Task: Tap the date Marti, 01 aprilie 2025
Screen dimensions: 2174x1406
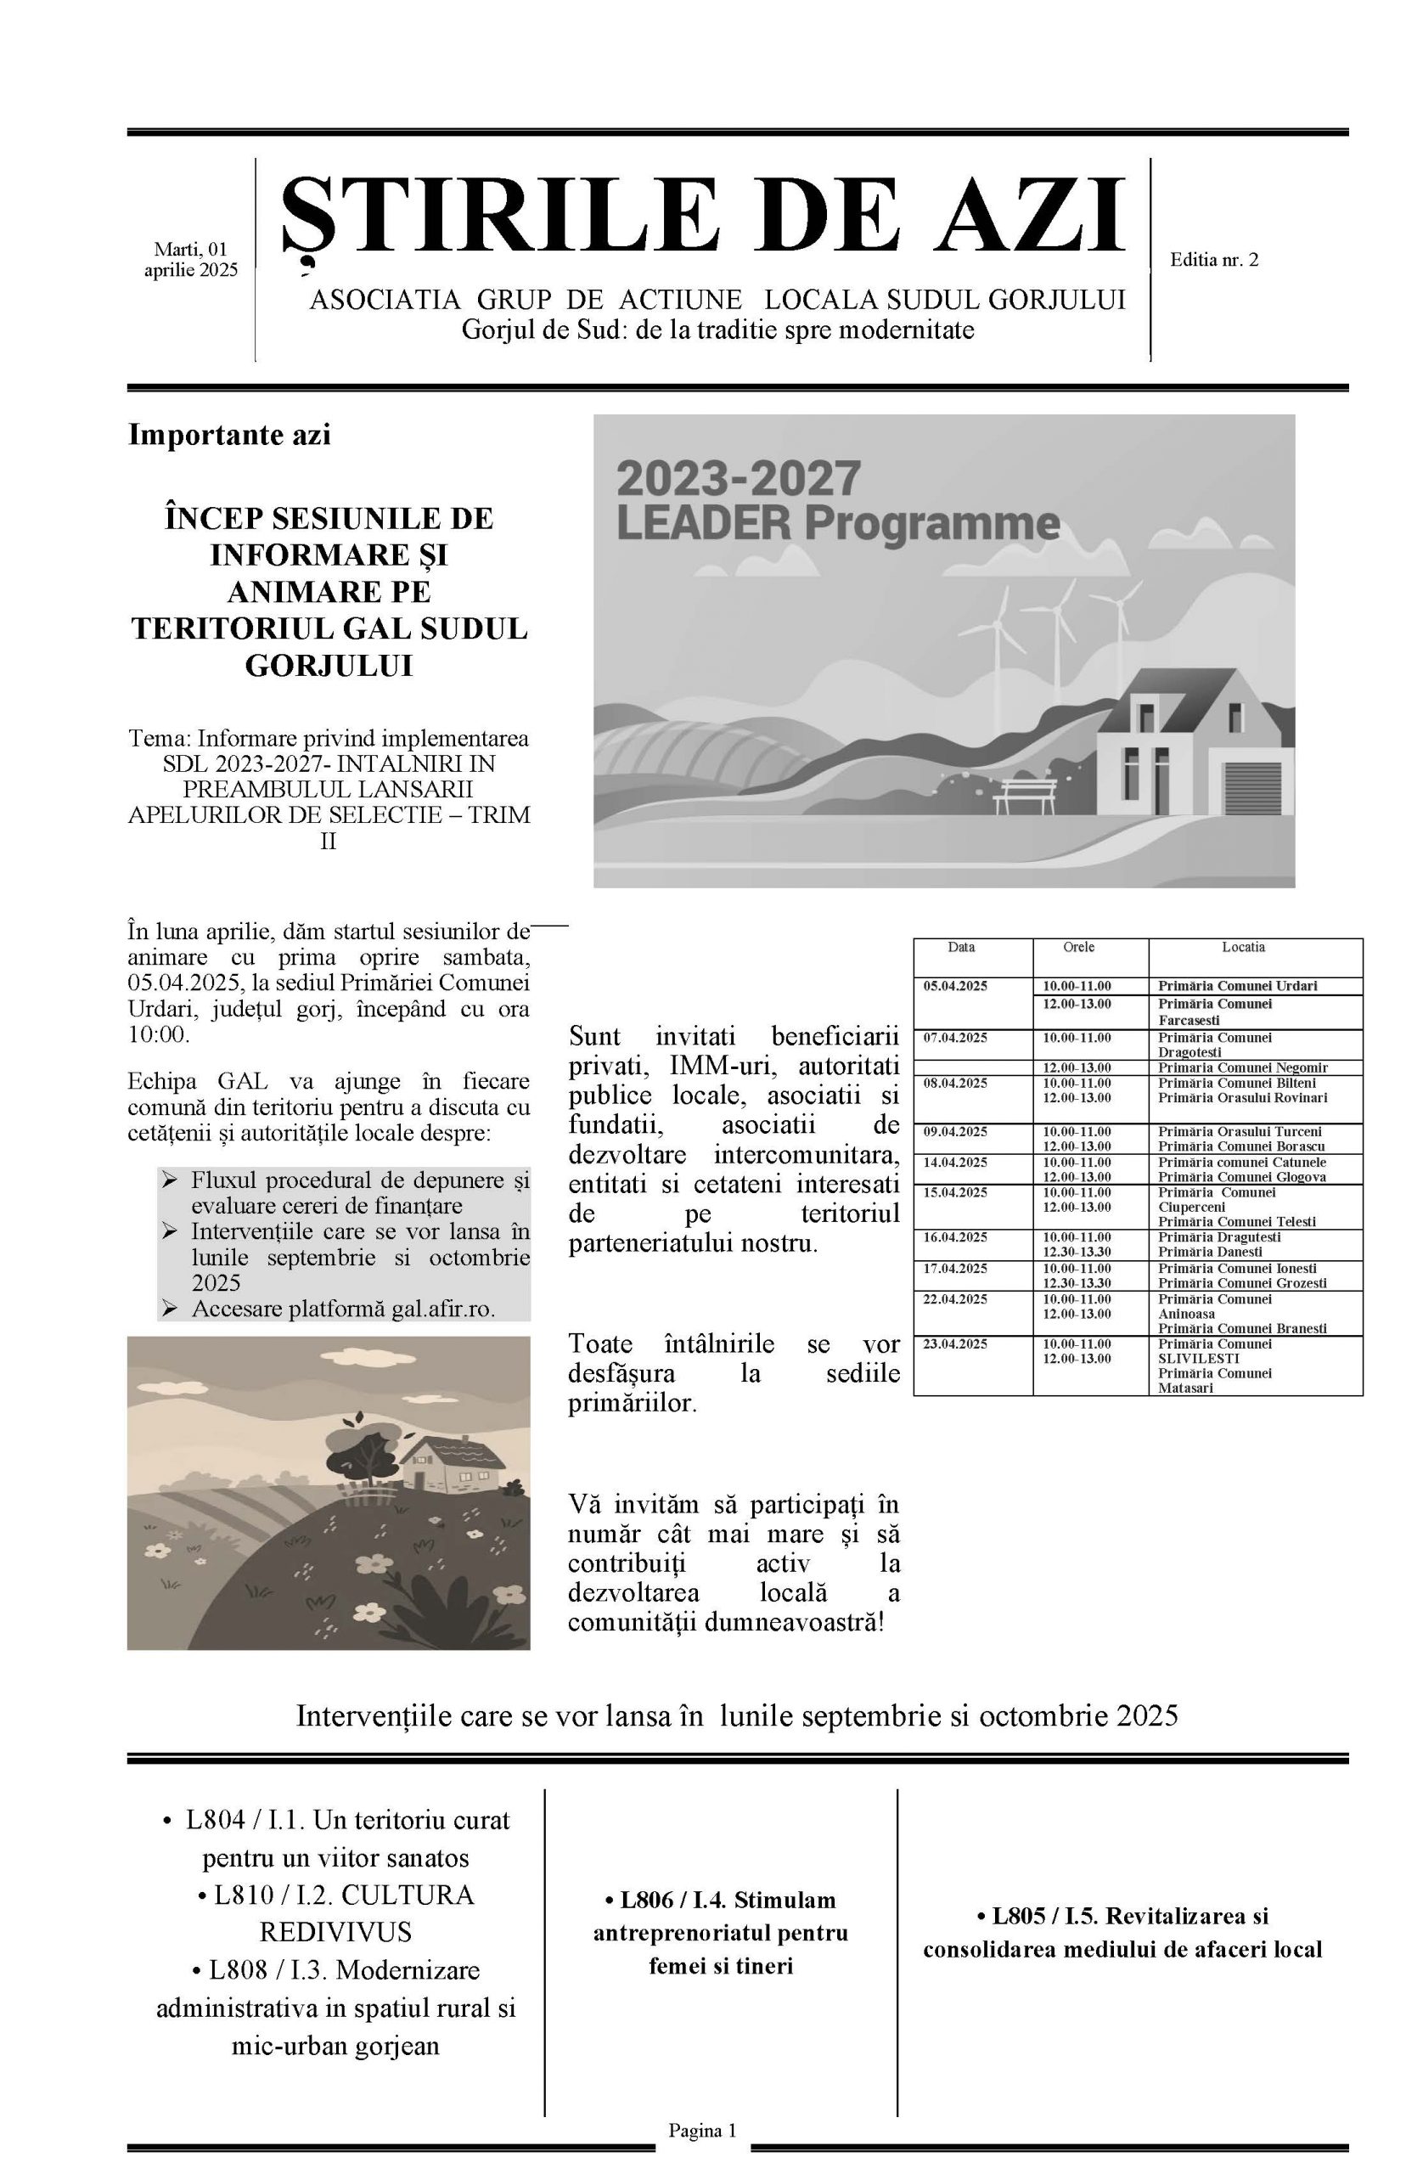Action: tap(190, 259)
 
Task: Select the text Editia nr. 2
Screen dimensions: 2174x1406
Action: tap(1213, 260)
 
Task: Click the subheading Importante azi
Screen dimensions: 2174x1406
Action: tap(229, 436)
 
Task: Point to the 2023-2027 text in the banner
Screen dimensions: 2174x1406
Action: tap(739, 478)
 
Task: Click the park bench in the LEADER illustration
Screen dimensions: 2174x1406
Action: tap(1025, 793)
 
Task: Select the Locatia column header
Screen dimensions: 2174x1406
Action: tap(1243, 948)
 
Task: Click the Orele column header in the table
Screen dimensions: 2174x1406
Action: tap(1078, 948)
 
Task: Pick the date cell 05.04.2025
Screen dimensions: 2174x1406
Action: tap(955, 986)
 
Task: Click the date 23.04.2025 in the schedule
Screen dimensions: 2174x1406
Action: tap(955, 1344)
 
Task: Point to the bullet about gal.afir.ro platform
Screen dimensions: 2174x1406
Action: tap(343, 1309)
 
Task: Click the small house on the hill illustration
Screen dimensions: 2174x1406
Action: tap(453, 1462)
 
